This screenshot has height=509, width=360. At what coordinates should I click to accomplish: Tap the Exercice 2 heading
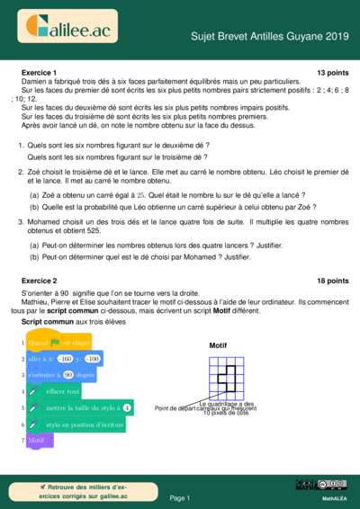coord(39,281)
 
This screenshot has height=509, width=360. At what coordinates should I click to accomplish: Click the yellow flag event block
coord(58,343)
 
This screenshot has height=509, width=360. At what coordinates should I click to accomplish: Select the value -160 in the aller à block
coord(77,359)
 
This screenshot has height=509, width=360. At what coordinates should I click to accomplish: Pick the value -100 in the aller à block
coord(118,359)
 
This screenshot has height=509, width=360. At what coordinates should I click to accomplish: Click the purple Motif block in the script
coord(38,441)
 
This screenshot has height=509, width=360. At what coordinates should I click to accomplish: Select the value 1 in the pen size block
coord(127,408)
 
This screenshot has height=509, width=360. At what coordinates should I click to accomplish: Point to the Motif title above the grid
coord(219,345)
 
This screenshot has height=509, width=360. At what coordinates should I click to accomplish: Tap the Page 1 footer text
coord(180,497)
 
